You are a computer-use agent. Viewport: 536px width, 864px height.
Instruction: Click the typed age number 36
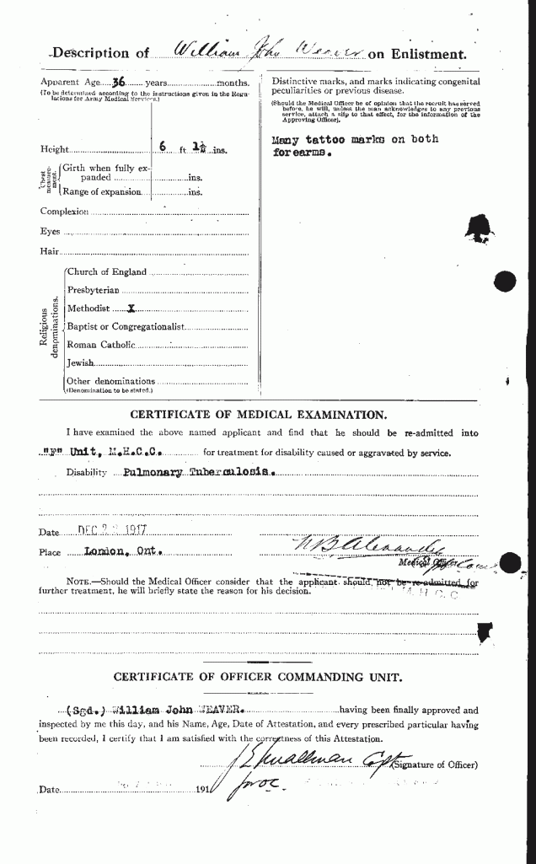120,83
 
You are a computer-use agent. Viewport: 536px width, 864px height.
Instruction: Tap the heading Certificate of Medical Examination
258,414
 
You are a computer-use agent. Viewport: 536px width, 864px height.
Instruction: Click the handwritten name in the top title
268,52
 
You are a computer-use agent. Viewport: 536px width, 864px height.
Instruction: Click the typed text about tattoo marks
354,147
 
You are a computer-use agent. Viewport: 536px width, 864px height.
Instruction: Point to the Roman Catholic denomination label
100,344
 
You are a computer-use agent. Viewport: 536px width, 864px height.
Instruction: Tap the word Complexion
64,212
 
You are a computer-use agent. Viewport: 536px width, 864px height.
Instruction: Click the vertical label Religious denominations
55,327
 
